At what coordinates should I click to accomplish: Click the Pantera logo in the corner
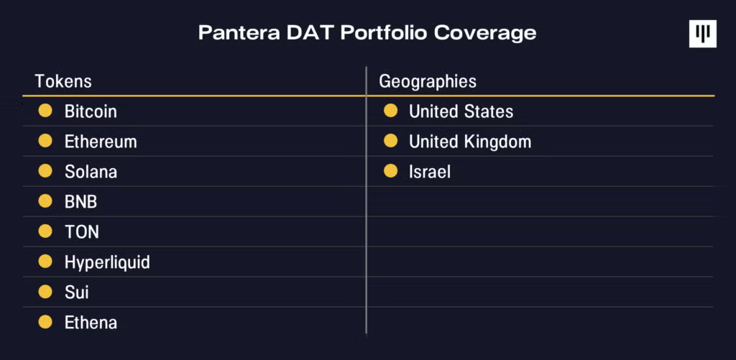pos(702,34)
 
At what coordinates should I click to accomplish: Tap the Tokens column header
pos(63,81)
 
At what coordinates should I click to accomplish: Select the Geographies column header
pos(428,81)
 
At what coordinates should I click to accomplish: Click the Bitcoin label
pos(91,111)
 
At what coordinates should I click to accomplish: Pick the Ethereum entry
pos(101,142)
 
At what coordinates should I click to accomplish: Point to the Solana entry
pos(91,172)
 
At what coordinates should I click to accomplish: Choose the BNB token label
pos(80,202)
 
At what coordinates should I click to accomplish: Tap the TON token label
pos(81,232)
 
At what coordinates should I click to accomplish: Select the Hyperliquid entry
pos(107,262)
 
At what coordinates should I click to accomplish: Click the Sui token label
pos(76,292)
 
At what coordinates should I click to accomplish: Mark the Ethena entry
pos(91,323)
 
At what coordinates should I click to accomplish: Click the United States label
pos(461,111)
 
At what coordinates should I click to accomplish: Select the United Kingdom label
pos(470,142)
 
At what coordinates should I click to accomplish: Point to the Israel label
pos(430,172)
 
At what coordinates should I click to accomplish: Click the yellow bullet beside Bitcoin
pos(45,111)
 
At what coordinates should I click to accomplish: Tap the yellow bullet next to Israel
pos(390,171)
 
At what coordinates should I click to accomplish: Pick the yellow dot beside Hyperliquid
pos(45,262)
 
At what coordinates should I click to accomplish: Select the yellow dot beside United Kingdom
pos(390,141)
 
